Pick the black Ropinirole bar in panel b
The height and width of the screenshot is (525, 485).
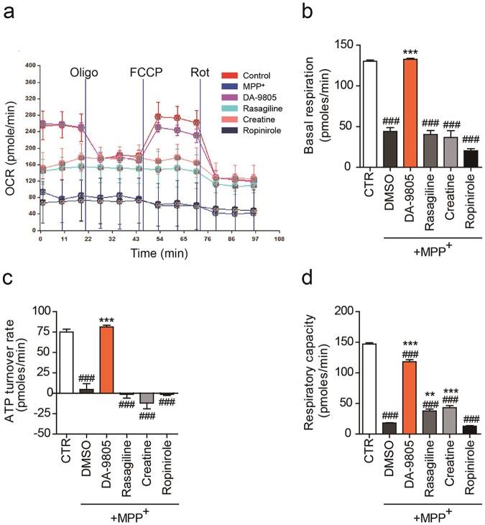471,159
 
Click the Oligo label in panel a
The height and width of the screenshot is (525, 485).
84,73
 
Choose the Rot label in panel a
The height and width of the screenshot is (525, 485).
199,73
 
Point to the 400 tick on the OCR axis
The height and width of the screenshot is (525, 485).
30,65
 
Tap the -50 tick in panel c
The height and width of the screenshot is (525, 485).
43,434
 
